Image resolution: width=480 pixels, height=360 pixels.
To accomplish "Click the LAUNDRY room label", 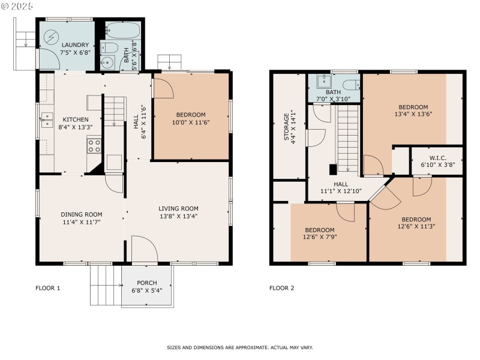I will pyautogui.click(x=76, y=45).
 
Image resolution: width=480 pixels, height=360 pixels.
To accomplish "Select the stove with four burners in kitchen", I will pyautogui.click(x=94, y=144).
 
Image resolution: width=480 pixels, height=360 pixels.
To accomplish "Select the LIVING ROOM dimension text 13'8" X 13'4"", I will pyautogui.click(x=178, y=217).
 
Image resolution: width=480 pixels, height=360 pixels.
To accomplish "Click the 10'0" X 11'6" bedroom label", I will pyautogui.click(x=190, y=122).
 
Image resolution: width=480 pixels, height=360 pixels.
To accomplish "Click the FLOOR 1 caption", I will pyautogui.click(x=48, y=288).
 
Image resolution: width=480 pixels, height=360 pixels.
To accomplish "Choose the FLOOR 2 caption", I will pyautogui.click(x=281, y=288).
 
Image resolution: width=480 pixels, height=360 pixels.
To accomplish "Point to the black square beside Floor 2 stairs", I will pyautogui.click(x=333, y=169).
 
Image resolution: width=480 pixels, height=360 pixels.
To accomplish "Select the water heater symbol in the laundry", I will pyautogui.click(x=49, y=35).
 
